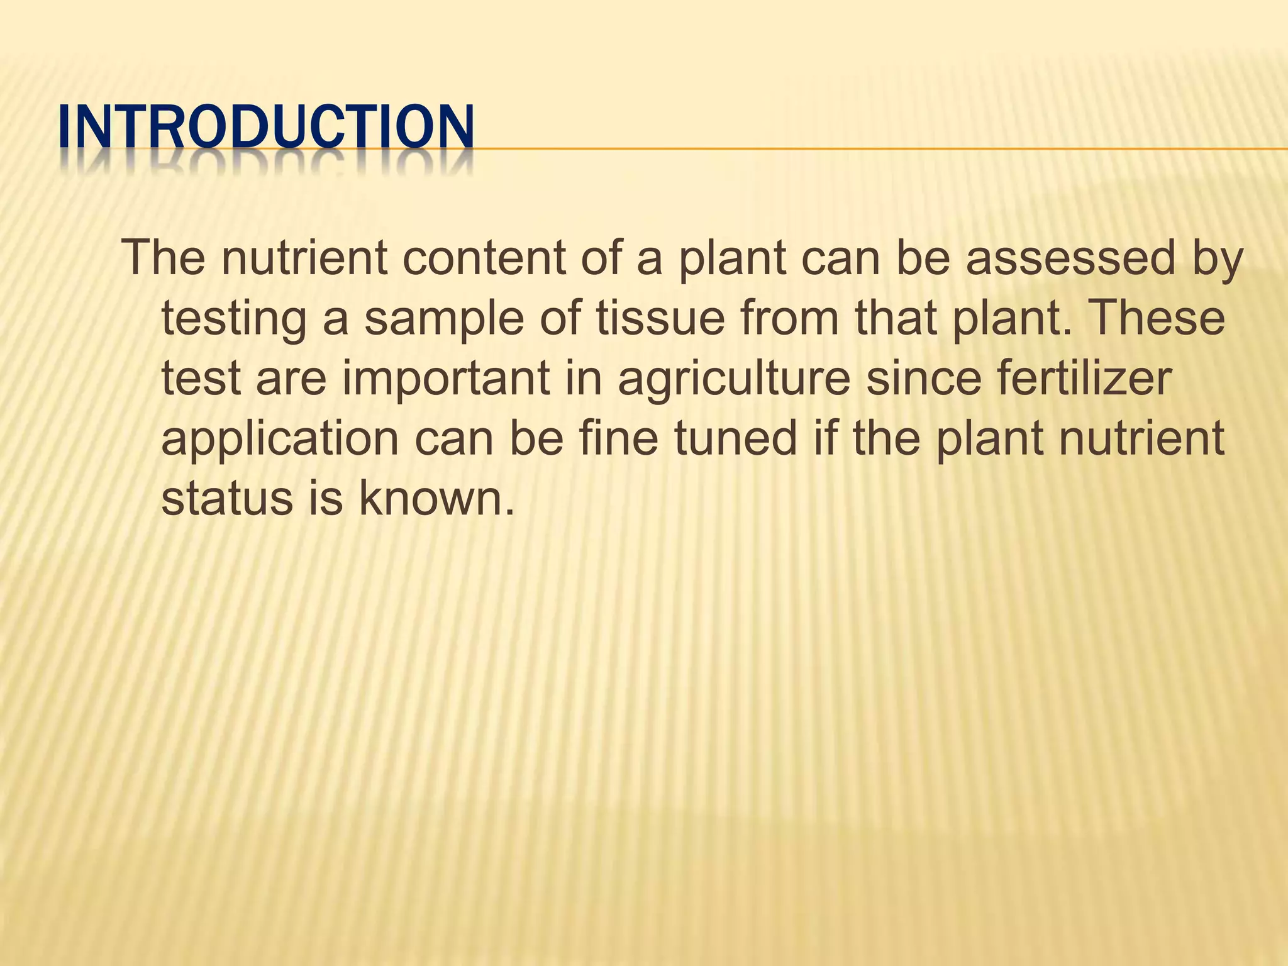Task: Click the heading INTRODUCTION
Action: (265, 128)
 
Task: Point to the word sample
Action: (444, 318)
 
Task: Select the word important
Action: (445, 379)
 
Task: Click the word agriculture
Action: (734, 379)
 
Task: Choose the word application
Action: (280, 439)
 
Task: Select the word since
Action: (923, 379)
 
